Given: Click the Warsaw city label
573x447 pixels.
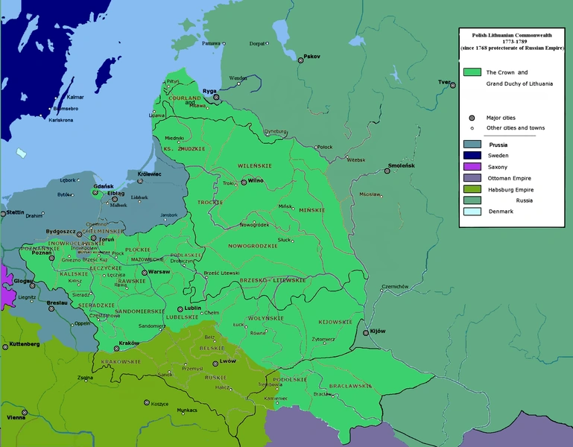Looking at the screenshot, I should click(159, 272).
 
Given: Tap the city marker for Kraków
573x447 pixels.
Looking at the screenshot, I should click(115, 348).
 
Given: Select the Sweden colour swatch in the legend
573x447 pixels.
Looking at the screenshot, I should click(472, 156).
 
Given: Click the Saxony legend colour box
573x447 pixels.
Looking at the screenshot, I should click(472, 167).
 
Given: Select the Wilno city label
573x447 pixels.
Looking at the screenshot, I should click(256, 180).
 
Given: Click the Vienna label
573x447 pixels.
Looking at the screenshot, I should click(16, 417).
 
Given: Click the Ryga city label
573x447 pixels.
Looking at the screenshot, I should click(209, 91).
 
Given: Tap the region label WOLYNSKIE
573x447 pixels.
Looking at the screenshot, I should click(266, 318).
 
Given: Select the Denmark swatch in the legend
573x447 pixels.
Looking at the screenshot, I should click(472, 212).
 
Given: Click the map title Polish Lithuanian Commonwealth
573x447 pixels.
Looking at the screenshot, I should click(511, 35).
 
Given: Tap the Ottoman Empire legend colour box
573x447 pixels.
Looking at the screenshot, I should click(472, 178).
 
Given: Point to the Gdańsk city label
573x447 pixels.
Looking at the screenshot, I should click(103, 183).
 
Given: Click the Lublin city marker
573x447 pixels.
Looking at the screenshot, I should click(180, 308).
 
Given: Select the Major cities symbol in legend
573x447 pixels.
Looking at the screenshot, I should click(472, 118).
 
